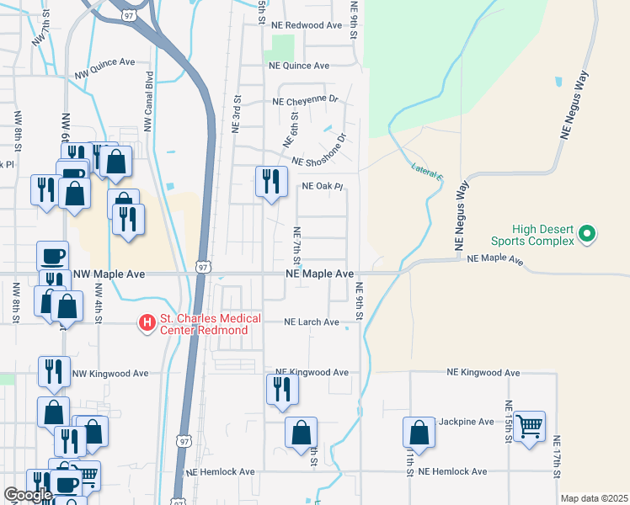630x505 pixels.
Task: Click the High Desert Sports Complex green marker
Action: point(589,233)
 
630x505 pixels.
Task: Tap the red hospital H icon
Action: point(147,322)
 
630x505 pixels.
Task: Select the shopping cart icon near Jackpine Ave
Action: point(530,427)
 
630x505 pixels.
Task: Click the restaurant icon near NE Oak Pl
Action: point(270,181)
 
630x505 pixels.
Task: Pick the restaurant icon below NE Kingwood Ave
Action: point(281,389)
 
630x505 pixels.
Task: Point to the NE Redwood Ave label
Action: point(306,25)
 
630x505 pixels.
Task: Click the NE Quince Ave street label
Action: point(298,66)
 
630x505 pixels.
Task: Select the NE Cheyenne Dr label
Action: point(305,101)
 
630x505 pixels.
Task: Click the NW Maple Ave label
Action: point(109,274)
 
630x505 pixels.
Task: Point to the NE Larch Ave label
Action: point(311,322)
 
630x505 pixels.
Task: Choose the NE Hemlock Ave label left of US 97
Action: point(219,472)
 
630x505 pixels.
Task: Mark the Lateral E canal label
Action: point(427,172)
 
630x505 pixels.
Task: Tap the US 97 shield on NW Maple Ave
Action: point(203,267)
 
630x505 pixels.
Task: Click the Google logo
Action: point(28,495)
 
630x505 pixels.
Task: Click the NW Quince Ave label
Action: point(105,62)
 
